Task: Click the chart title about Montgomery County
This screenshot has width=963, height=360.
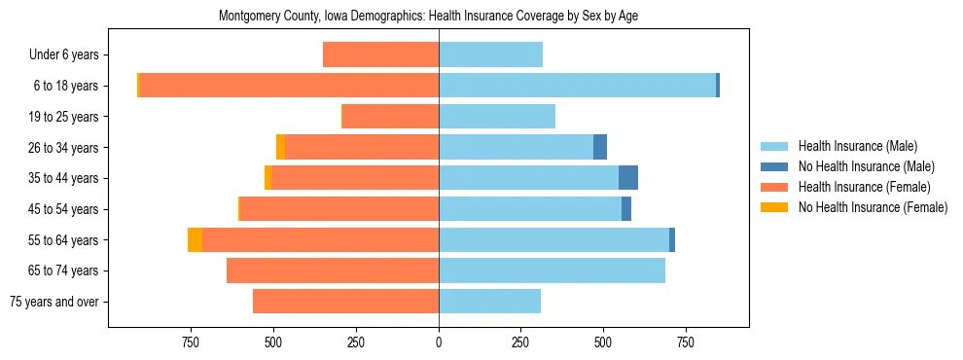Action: coord(428,16)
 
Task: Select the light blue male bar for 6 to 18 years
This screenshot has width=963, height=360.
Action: coord(577,86)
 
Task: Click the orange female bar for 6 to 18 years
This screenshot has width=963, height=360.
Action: coord(289,86)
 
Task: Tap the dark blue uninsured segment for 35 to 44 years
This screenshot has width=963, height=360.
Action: coord(628,178)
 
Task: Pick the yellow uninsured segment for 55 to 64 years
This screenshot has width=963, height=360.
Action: coord(195,240)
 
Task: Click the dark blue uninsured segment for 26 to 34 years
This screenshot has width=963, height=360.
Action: coord(600,147)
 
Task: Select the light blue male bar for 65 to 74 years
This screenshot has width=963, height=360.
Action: coord(552,270)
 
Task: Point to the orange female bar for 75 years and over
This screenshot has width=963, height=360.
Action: coord(345,302)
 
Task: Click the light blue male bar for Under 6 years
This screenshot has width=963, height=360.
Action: coord(490,54)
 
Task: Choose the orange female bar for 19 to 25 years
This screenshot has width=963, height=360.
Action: coord(390,117)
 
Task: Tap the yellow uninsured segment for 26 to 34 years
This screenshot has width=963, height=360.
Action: coord(280,147)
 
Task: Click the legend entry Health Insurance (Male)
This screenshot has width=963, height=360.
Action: coord(857,146)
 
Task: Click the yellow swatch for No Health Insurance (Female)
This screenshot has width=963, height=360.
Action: coord(775,207)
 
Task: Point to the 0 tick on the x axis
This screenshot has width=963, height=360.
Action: coord(439,342)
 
